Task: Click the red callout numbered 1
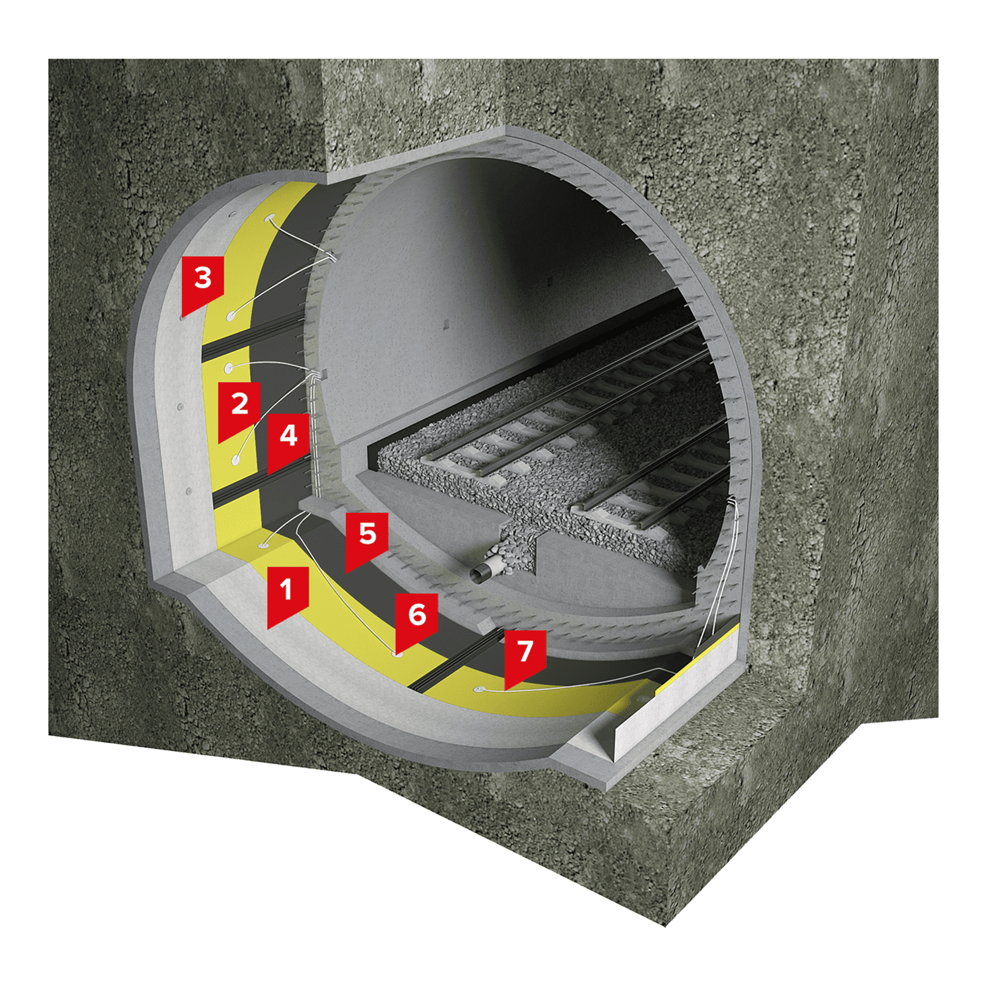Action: pos(288,595)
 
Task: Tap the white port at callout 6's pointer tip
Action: pos(396,654)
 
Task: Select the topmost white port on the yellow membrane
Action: pos(268,219)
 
